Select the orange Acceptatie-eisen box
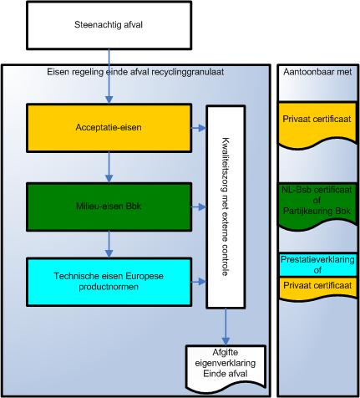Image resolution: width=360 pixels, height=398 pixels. click(109, 128)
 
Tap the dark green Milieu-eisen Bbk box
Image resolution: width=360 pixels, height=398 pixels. click(109, 205)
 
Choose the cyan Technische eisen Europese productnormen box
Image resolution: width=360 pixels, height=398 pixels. click(109, 283)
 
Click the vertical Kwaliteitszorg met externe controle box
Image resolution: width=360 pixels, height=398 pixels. click(227, 206)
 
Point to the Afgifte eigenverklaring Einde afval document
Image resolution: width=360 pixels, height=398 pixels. click(227, 365)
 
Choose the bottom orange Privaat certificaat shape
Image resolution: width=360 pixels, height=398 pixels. click(316, 287)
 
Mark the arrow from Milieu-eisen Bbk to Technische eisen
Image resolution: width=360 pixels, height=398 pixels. click(109, 244)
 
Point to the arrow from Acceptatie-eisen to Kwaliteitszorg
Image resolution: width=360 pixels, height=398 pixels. click(198, 128)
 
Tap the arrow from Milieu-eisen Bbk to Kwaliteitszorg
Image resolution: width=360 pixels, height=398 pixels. click(198, 205)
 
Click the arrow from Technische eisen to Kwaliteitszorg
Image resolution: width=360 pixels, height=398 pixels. click(198, 283)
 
